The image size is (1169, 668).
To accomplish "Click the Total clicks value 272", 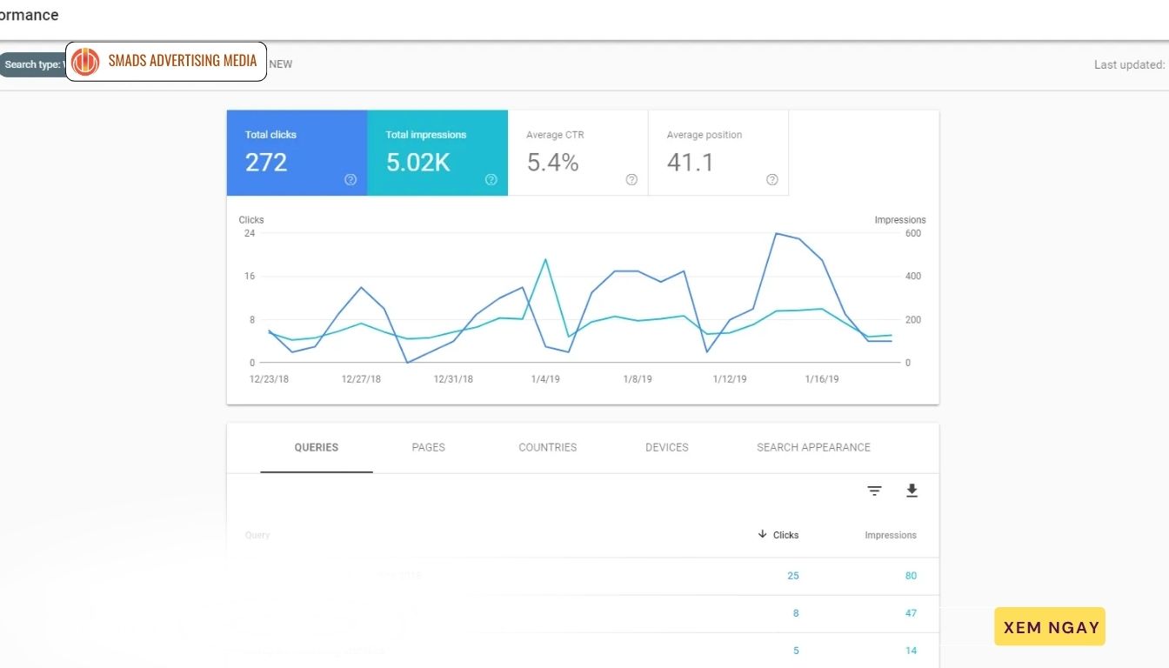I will click(266, 163).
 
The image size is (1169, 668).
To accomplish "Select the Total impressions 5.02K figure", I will click(418, 163).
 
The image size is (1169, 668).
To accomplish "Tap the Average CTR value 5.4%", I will click(553, 163).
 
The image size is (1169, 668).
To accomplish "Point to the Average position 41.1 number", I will click(691, 163).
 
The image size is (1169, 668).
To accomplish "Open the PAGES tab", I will click(428, 447).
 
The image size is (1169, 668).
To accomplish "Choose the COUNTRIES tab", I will click(548, 447).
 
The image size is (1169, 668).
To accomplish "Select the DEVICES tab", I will click(667, 447).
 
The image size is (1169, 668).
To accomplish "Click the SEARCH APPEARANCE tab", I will click(813, 447).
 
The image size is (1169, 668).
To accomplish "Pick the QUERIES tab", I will click(317, 447).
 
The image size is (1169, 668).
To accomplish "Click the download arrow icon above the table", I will click(912, 491).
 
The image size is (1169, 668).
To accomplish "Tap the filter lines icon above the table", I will click(875, 491).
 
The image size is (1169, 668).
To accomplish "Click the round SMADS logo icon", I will click(85, 61).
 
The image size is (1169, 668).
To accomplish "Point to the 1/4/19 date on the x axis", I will click(544, 379).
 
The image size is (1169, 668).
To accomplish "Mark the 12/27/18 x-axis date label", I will click(361, 379).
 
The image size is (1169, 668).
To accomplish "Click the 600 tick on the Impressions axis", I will click(913, 233).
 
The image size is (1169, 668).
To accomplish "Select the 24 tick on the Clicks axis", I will click(250, 233).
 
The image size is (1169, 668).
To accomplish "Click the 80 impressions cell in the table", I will click(911, 576).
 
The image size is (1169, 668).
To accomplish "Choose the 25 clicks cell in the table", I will click(792, 576).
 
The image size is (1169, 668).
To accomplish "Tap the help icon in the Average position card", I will click(772, 180).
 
